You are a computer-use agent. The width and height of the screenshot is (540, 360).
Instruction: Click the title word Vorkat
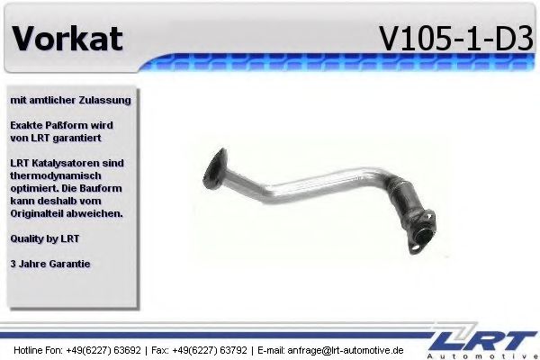[x=68, y=39]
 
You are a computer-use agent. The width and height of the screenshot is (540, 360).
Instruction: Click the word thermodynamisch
[x=55, y=175]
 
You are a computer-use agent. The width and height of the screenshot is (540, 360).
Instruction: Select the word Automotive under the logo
[x=494, y=355]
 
